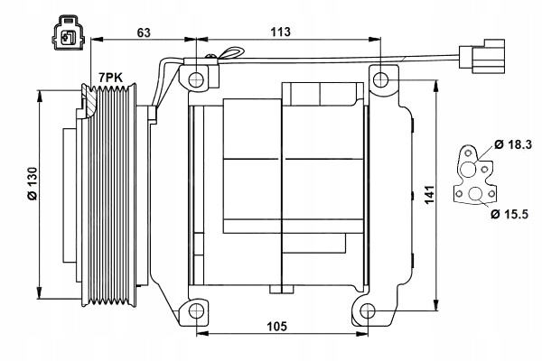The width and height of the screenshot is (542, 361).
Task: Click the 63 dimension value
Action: point(144,32)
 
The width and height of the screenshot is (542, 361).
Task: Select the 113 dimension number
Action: point(280,32)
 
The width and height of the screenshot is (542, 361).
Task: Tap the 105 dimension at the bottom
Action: point(276,326)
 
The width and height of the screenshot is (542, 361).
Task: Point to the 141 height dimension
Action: point(429,195)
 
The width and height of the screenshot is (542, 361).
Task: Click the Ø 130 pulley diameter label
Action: point(33,183)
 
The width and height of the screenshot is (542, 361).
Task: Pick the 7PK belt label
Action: point(110,78)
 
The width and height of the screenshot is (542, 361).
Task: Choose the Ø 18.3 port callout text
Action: point(513,144)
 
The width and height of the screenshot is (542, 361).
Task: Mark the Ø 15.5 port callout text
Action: point(509,214)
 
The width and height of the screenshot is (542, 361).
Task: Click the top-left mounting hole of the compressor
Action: point(196,79)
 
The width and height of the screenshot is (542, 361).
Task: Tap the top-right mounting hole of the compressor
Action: point(381,80)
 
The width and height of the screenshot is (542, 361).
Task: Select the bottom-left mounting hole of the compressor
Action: point(196,311)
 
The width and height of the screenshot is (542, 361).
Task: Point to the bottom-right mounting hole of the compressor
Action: point(367,311)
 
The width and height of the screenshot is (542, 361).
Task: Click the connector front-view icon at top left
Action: point(68,32)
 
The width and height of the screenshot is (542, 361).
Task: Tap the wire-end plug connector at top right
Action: point(481,57)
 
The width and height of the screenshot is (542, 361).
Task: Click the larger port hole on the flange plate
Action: point(468,169)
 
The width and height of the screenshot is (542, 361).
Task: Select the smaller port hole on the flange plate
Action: point(476,195)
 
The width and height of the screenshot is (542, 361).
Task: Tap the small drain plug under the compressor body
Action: point(281,289)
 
